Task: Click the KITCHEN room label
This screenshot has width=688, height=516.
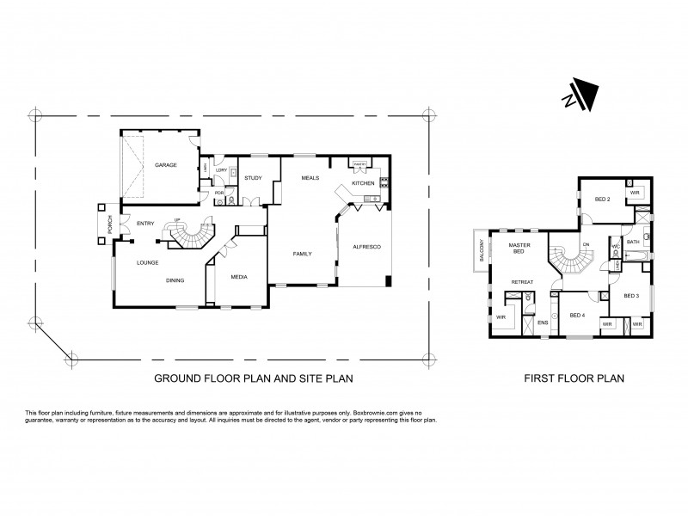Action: (x=361, y=183)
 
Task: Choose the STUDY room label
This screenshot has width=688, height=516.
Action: (x=253, y=178)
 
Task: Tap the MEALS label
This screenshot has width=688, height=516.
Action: (x=310, y=178)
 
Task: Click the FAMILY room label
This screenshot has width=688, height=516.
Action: (x=301, y=255)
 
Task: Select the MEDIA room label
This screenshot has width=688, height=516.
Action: (x=238, y=278)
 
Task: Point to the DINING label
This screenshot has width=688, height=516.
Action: (x=175, y=280)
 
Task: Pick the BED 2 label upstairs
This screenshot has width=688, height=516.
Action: (x=602, y=200)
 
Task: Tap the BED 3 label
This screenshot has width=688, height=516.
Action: (x=631, y=296)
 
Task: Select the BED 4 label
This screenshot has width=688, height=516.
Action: (x=577, y=316)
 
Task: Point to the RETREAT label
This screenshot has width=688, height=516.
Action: (x=522, y=282)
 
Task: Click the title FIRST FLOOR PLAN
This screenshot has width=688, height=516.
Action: (x=574, y=378)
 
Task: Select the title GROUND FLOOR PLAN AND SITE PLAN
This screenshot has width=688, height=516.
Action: (x=254, y=378)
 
